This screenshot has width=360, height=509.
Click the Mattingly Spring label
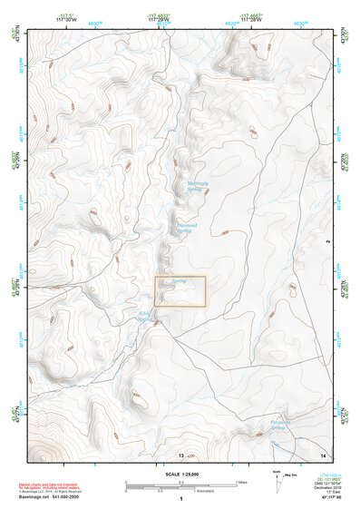pyautogui.click(x=198, y=186)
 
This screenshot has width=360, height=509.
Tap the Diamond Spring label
pyautogui.click(x=187, y=228)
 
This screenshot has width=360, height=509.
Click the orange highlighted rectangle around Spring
pyautogui.click(x=180, y=290)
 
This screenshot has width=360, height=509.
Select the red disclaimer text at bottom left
pyautogui.click(x=46, y=488)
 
